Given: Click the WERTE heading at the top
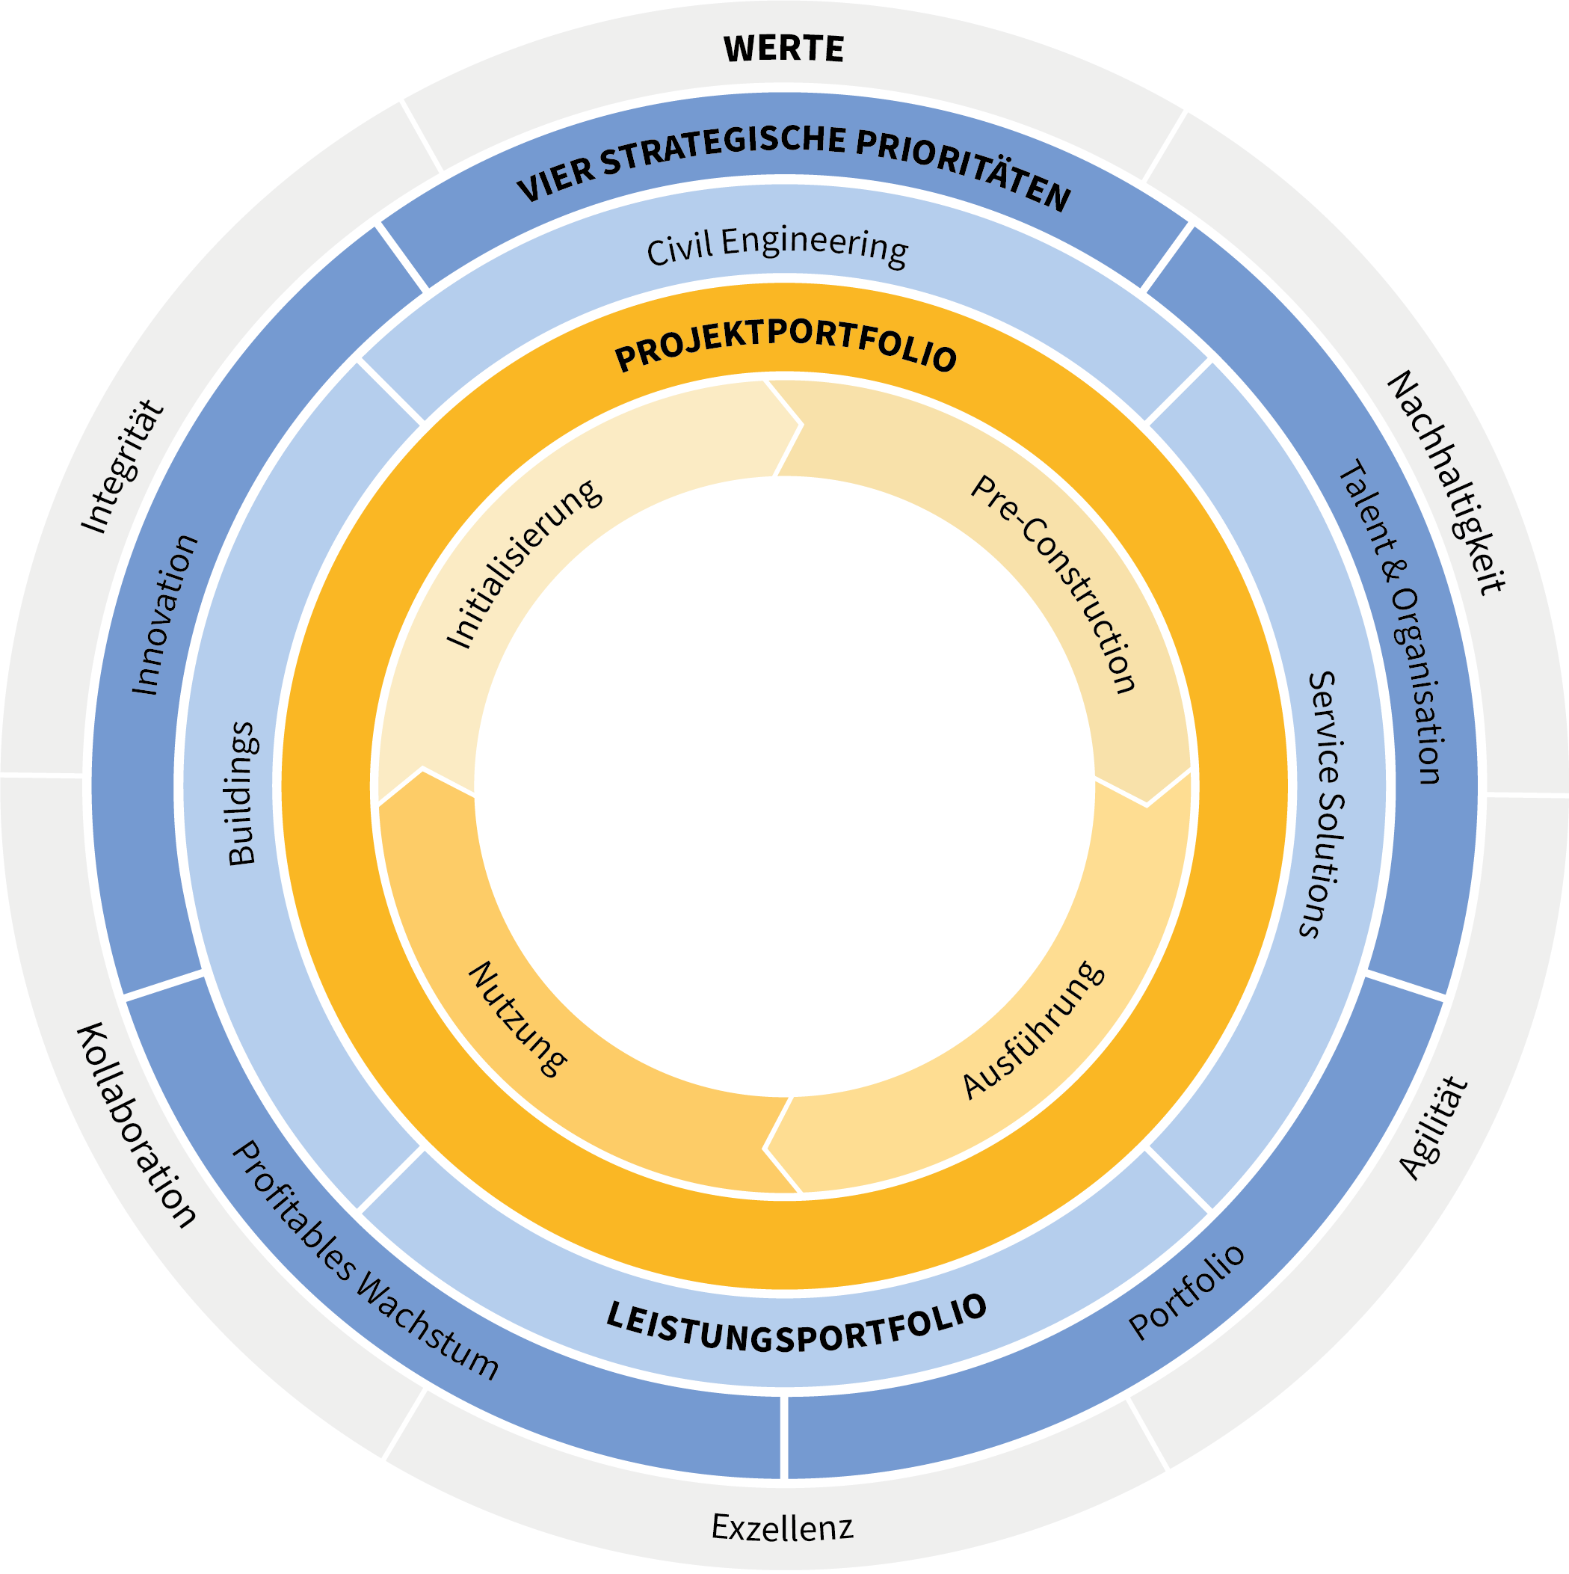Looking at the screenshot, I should tap(783, 49).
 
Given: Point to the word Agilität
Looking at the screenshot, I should tap(1434, 1128).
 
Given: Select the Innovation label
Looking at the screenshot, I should tap(164, 615).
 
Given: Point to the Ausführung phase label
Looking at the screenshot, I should tap(1034, 1030).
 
